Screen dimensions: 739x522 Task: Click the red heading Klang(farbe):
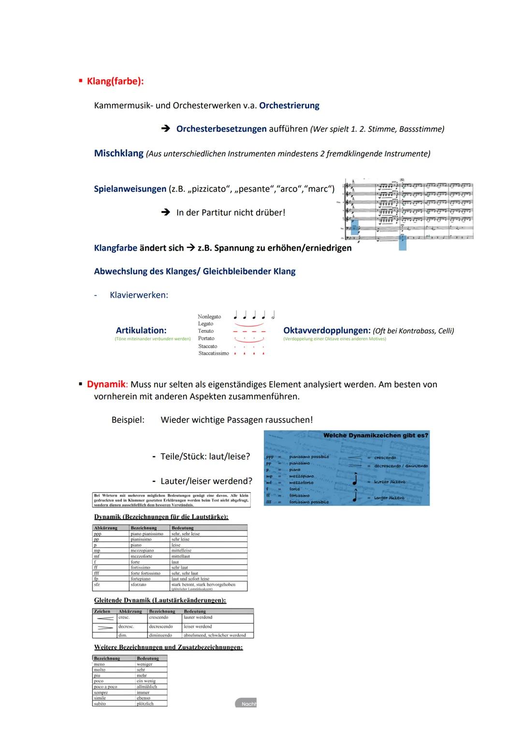[115, 81]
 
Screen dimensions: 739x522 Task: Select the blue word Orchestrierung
[289, 106]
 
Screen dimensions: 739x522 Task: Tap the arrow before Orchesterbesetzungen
[166, 129]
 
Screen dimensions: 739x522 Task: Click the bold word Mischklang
[118, 153]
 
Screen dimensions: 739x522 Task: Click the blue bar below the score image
[403, 243]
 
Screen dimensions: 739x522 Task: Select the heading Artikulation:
[141, 331]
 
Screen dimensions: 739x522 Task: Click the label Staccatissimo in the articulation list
[214, 353]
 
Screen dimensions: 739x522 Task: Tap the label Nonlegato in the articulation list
[209, 317]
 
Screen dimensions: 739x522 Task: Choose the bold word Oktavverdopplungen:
[327, 331]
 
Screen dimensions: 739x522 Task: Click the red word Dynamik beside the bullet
[106, 384]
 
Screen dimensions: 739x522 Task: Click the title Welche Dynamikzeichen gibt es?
[376, 435]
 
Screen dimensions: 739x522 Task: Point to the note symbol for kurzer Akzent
[355, 480]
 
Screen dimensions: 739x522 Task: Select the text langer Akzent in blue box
[390, 498]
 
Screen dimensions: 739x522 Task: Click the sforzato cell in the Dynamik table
[139, 585]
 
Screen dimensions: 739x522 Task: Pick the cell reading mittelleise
[182, 551]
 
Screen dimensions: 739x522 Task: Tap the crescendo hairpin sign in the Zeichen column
[105, 618]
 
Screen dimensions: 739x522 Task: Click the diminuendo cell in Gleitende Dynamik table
[160, 635]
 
